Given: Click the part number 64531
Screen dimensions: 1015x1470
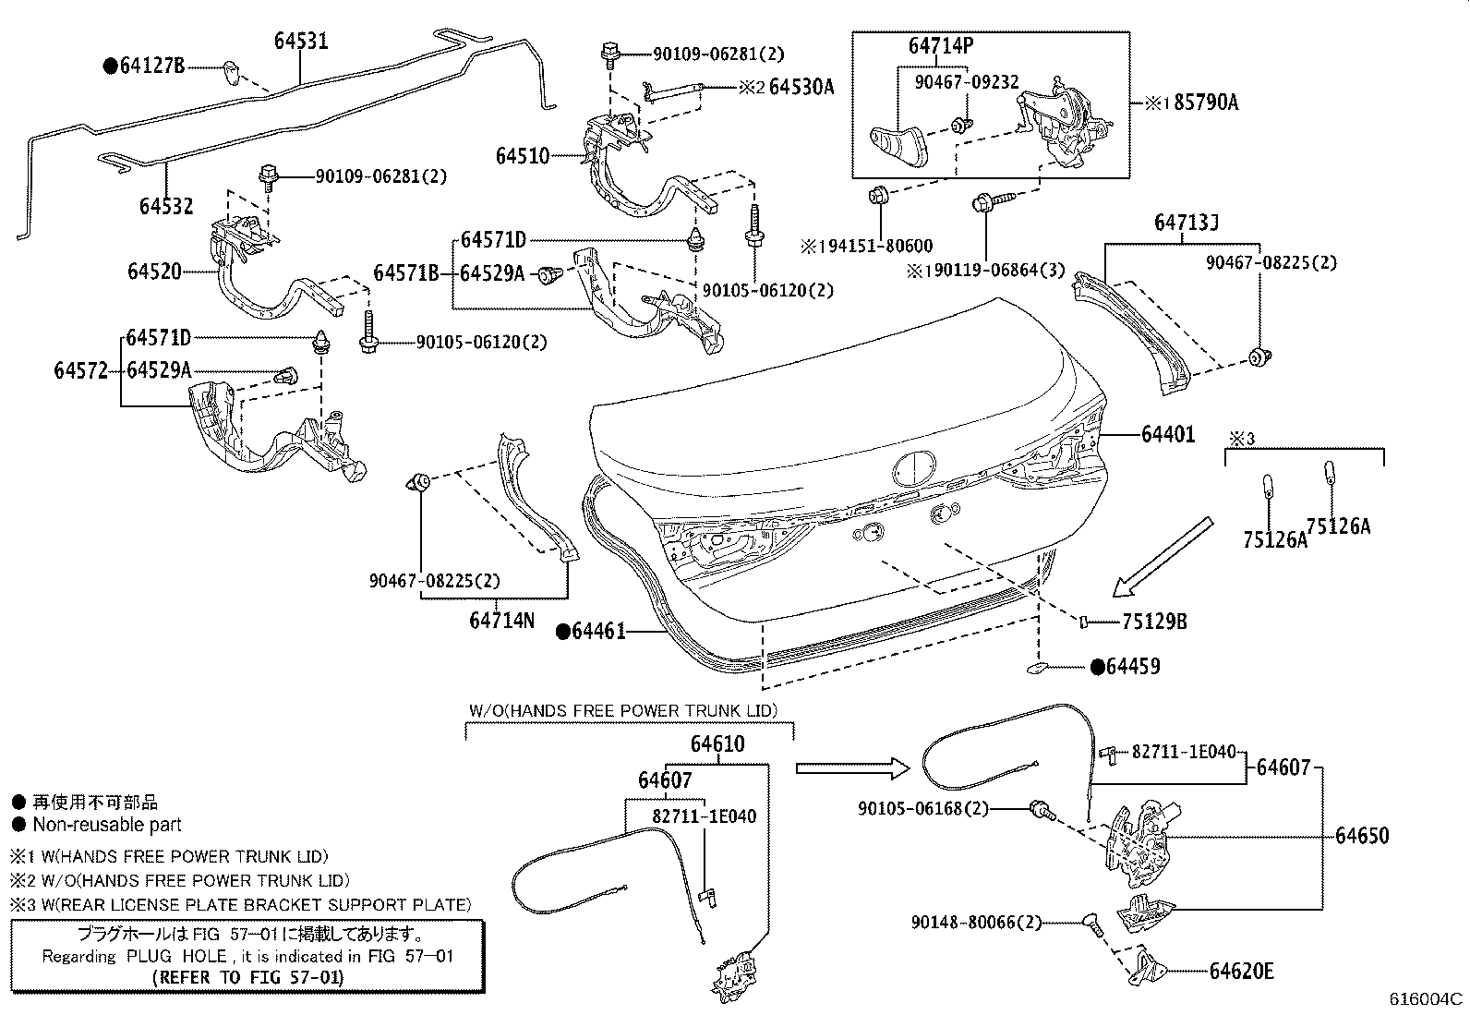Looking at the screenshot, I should coord(301,42).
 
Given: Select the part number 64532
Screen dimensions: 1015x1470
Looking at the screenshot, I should coord(166,205).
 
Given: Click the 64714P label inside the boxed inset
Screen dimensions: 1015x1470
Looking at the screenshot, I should coord(941,46).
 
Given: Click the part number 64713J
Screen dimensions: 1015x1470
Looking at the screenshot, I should coord(1187,223).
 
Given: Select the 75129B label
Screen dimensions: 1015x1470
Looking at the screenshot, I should coord(1154,622).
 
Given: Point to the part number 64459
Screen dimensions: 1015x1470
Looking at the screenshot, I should coord(1133,666).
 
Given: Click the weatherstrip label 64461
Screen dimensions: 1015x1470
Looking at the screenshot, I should coord(598,632).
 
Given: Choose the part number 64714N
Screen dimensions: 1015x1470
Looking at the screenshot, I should coord(501,621).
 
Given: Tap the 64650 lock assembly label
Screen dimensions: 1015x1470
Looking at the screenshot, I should coord(1362,836).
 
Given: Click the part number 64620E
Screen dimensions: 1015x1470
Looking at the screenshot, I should coord(1242,971).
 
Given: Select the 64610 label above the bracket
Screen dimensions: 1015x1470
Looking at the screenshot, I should coord(717,743).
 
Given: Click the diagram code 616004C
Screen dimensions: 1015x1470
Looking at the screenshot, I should coord(1428,998).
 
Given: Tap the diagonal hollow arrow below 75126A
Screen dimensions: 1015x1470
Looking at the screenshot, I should coord(1162,557).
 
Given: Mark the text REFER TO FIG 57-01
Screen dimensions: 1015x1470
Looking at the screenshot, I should coord(247,977).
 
